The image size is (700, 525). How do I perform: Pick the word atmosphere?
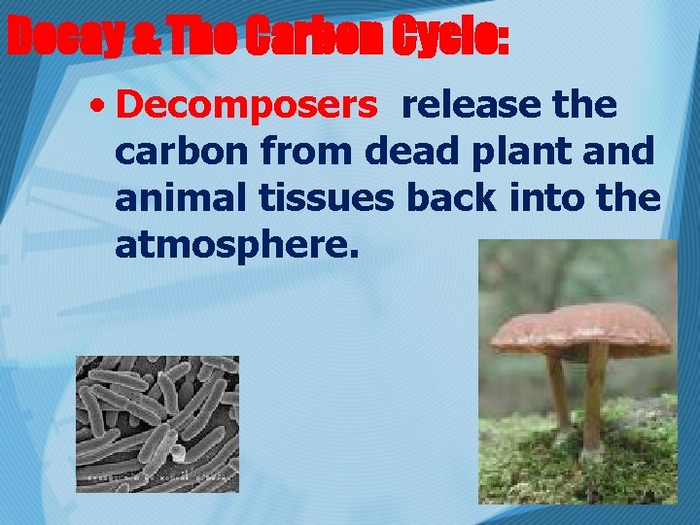pos(237,245)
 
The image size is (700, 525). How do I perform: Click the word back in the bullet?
pos(455,198)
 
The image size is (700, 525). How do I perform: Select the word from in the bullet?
pos(315,152)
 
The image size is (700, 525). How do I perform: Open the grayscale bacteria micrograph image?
pos(157,424)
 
